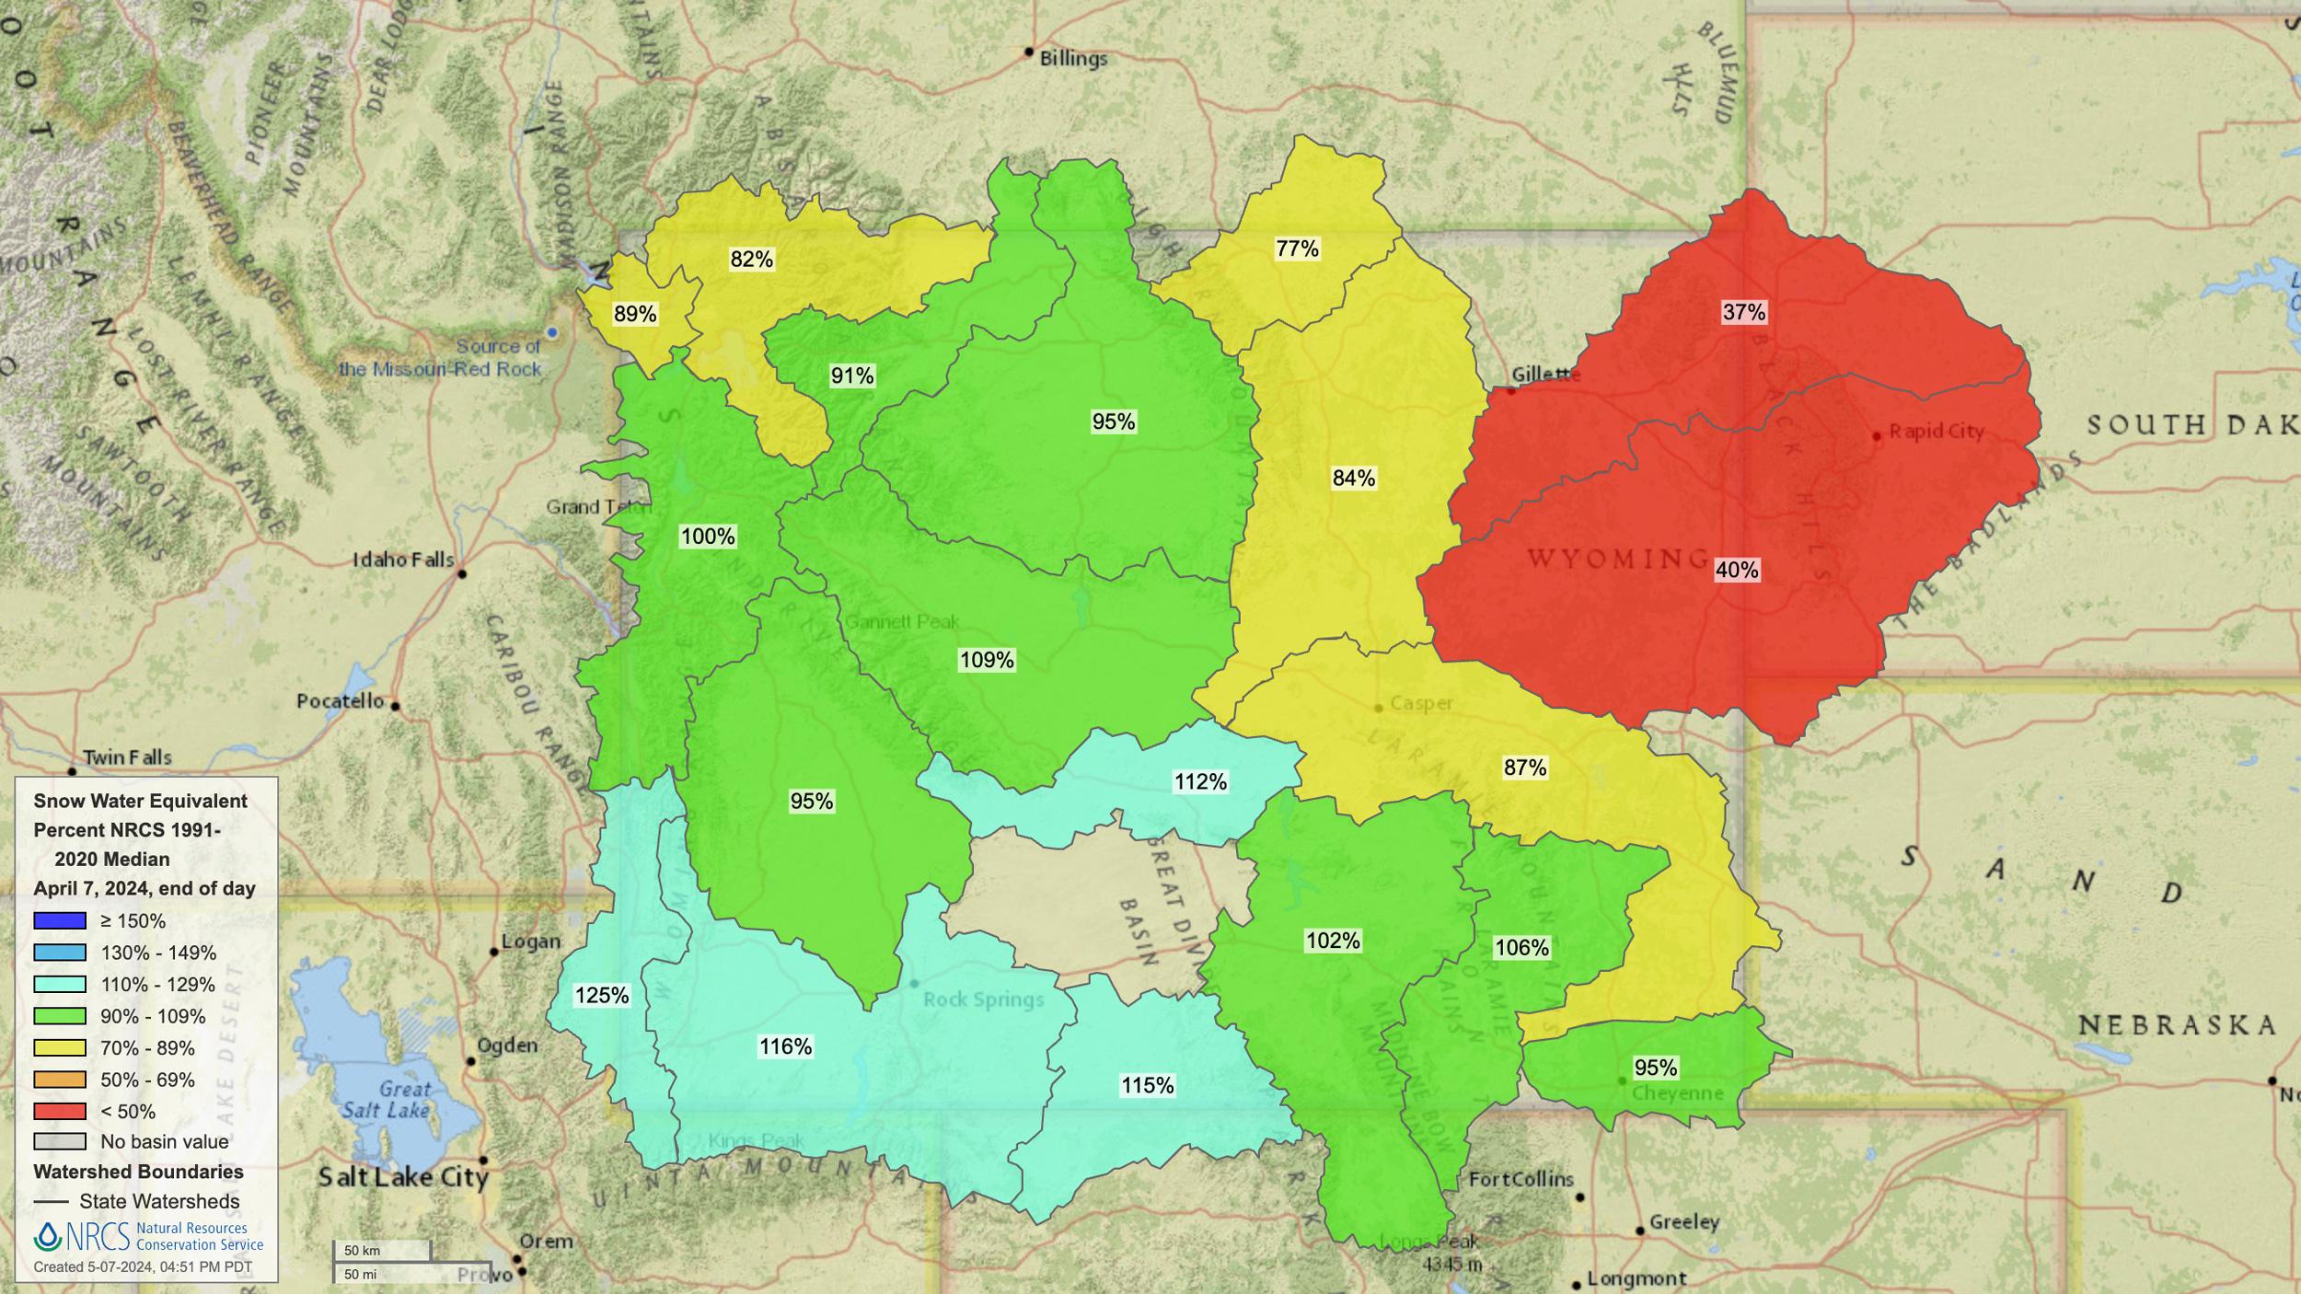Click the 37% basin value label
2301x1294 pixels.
1743,312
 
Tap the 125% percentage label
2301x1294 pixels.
601,995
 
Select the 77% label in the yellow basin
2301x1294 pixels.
1297,248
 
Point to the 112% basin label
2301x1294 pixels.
1200,781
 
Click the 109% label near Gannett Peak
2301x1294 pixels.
987,660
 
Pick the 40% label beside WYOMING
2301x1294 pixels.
1737,570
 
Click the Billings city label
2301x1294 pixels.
1073,59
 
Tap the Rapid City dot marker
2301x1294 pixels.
1877,436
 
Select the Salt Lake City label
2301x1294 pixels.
403,1177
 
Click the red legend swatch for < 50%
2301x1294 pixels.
60,1111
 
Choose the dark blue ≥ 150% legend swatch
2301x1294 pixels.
60,920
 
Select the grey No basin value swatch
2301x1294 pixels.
60,1141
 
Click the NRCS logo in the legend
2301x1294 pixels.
81,1236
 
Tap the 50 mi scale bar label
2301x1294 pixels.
361,1275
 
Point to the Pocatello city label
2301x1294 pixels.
340,701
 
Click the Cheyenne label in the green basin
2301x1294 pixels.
1677,1093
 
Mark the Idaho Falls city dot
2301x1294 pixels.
462,573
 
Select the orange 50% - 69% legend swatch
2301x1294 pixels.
60,1079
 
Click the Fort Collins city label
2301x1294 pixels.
1521,1179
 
